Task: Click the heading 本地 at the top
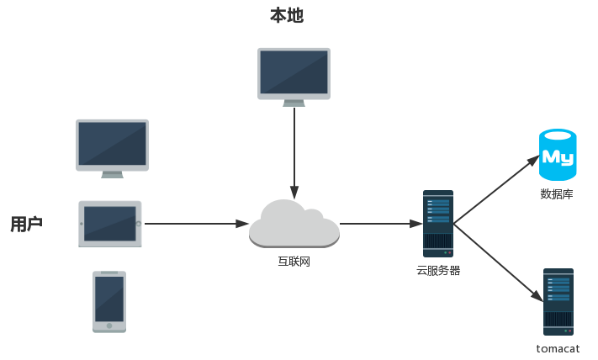(x=286, y=15)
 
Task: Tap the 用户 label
(x=26, y=224)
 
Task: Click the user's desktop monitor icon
(x=112, y=145)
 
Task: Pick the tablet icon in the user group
(x=110, y=224)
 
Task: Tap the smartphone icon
(x=109, y=301)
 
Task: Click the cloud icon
(x=294, y=225)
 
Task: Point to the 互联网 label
(x=294, y=262)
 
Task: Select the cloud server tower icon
(x=438, y=223)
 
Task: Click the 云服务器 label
(x=438, y=271)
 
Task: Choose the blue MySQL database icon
(x=558, y=155)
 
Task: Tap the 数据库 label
(x=557, y=194)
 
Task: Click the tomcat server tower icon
(x=558, y=301)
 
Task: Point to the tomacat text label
(x=558, y=348)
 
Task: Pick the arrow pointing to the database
(x=496, y=189)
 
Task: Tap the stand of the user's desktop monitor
(x=112, y=174)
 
